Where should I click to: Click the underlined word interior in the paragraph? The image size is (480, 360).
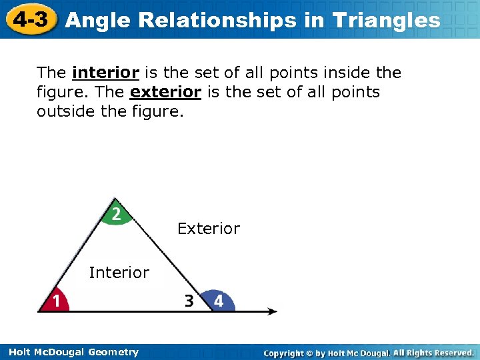105,73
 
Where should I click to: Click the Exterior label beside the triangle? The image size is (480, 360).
208,229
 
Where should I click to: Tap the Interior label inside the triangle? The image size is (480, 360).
119,273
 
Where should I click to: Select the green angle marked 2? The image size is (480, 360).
116,214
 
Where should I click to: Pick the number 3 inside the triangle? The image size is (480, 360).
189,301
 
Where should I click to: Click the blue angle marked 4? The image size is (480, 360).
217,301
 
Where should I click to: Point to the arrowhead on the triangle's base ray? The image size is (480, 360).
272,311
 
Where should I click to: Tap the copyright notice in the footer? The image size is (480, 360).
368,352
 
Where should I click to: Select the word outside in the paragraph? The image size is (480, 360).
61,111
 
